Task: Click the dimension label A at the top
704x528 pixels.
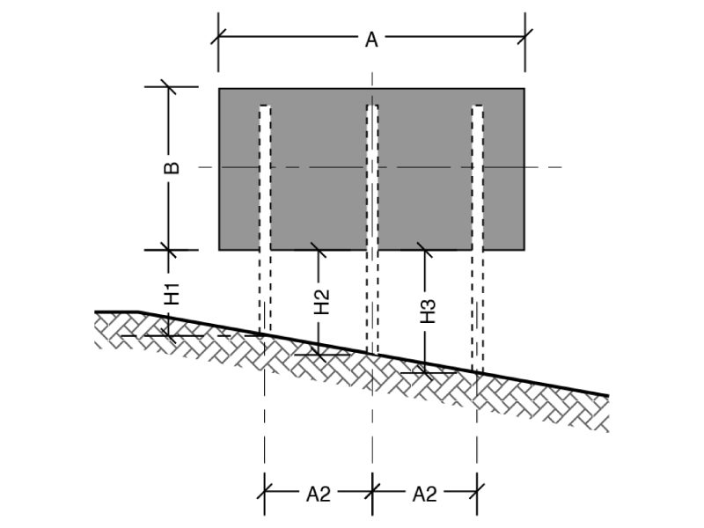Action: tap(371, 40)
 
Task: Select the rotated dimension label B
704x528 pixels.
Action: tap(172, 167)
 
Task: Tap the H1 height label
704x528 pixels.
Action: tap(172, 294)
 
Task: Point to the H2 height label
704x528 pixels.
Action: tap(322, 302)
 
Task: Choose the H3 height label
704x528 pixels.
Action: tap(428, 312)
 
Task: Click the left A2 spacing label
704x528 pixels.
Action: tap(319, 495)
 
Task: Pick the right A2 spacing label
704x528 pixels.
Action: tap(424, 495)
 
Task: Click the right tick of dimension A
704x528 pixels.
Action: tap(524, 36)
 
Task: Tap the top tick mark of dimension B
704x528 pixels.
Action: tap(169, 86)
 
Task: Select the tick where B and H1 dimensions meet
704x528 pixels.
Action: tap(169, 250)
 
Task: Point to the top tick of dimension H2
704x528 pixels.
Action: tap(319, 250)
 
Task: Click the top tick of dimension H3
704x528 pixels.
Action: tap(425, 250)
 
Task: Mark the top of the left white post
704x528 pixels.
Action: tap(265, 106)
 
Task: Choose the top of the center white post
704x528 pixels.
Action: tap(372, 106)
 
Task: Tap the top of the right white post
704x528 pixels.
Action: tap(477, 106)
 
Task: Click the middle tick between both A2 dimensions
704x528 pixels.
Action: tap(372, 491)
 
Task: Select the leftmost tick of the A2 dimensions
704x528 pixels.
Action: tap(265, 491)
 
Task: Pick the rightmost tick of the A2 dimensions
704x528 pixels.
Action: tap(477, 491)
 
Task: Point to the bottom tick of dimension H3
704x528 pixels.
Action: tap(425, 372)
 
